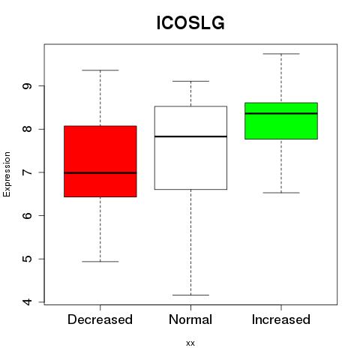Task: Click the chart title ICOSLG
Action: pos(190,23)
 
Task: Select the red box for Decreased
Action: pos(100,161)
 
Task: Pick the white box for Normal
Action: pos(190,148)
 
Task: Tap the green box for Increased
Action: pos(281,121)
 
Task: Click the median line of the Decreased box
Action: pos(100,172)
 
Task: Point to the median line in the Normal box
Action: pos(190,136)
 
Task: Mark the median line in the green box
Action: pos(281,113)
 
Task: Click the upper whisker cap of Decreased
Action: pos(100,70)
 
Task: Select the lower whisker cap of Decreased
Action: pos(100,262)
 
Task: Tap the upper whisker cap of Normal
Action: pos(190,81)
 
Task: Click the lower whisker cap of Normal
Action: pos(190,295)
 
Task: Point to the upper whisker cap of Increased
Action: pos(281,54)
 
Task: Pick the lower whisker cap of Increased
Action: pos(281,193)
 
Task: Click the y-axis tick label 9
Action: pos(27,86)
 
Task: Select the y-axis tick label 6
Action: pos(27,215)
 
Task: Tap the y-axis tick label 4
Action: pos(27,302)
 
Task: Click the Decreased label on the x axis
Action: pos(100,319)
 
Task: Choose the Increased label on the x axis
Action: pos(281,319)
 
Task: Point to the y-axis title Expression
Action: pos(7,174)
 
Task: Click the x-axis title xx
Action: pos(190,343)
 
